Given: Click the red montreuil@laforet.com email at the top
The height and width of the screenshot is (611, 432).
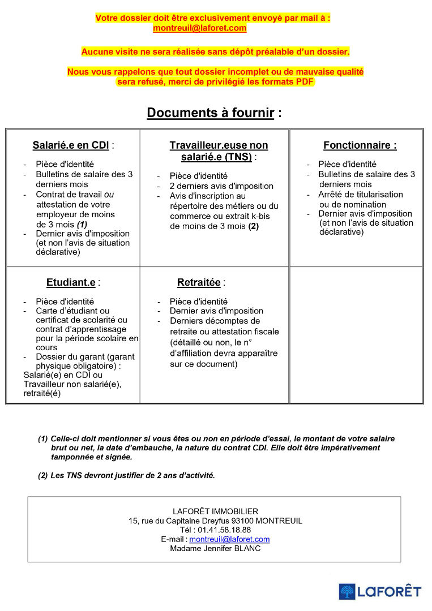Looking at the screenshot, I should coord(199,28).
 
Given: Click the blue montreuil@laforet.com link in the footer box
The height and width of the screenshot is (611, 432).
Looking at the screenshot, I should coord(229,539).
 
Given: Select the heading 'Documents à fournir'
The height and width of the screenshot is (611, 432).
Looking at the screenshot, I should coord(210,113).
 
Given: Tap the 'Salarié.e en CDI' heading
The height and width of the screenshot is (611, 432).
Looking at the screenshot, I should coord(70,145).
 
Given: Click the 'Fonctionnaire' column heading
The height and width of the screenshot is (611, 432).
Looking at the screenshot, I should coord(360,145).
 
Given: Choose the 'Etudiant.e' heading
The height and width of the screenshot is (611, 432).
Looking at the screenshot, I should coord(71,283).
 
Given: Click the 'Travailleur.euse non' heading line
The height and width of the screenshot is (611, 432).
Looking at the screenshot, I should coord(219,145).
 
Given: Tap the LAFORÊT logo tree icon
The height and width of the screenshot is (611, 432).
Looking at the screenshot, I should coord(347,592).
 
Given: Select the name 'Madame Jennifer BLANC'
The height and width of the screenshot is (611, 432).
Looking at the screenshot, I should coord(215,548).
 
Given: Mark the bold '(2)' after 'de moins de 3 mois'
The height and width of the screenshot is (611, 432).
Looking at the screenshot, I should coord(253,226).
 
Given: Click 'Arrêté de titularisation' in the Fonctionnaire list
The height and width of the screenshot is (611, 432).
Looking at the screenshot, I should coord(361,194).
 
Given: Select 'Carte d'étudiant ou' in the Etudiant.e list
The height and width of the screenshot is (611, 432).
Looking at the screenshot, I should coord(72,311).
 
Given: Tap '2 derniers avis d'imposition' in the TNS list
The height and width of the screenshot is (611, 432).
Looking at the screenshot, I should coord(221,186).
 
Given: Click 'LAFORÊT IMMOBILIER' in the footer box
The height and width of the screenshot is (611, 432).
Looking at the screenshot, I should coord(215,511).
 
